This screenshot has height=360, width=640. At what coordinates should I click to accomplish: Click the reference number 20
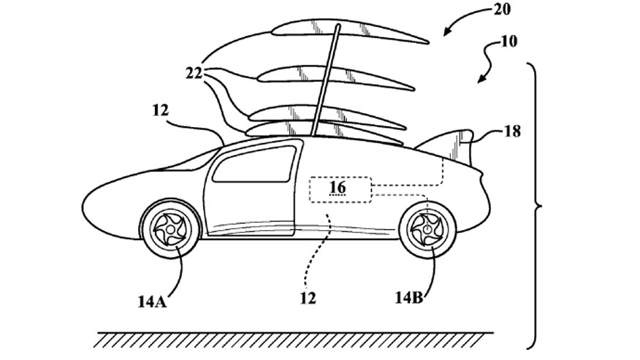(502, 9)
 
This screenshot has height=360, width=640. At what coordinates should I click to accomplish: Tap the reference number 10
(508, 42)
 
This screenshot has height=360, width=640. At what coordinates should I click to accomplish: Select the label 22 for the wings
(194, 74)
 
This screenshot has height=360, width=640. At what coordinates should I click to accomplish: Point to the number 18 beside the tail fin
(512, 131)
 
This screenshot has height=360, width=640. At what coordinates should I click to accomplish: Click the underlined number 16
(338, 188)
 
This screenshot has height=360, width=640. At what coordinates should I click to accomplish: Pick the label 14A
(152, 302)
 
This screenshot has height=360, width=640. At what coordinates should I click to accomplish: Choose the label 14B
(408, 298)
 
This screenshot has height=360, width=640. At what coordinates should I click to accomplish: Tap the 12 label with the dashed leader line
(308, 299)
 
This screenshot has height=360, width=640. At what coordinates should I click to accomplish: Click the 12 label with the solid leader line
(161, 110)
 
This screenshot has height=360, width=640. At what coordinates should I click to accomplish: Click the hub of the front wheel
(170, 229)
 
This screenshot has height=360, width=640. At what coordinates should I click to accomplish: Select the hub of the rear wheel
(427, 229)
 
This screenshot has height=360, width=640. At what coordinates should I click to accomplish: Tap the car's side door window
(254, 164)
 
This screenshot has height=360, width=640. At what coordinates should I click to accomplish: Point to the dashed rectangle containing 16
(340, 189)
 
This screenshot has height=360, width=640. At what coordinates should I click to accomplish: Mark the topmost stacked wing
(350, 33)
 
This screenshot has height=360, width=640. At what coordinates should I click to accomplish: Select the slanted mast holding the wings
(325, 80)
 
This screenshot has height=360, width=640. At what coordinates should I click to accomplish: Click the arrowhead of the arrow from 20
(447, 32)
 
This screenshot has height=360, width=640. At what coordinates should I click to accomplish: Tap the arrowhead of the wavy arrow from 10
(481, 80)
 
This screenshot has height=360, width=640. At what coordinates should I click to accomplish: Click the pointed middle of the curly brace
(541, 207)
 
